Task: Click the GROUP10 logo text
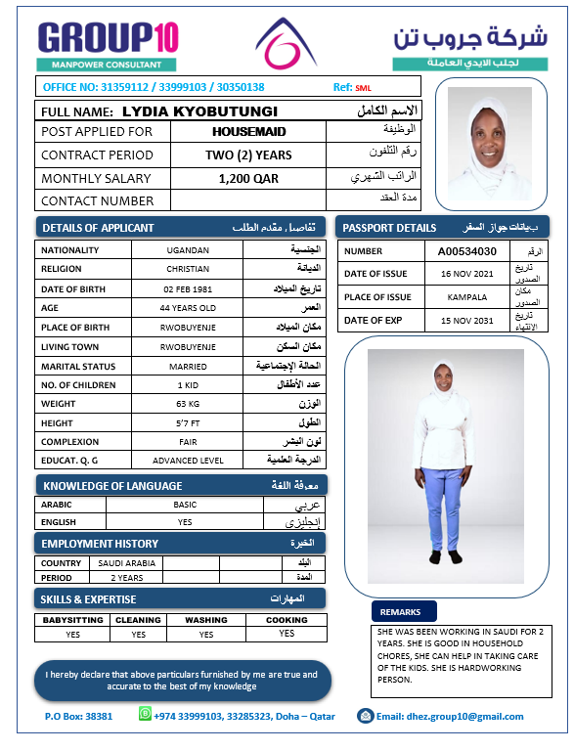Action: point(109,37)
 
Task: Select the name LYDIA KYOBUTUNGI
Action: point(199,111)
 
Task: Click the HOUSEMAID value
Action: point(248,131)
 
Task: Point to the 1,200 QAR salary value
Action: point(248,178)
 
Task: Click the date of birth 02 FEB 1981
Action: point(188,289)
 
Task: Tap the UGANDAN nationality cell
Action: point(188,250)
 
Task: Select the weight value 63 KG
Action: point(188,403)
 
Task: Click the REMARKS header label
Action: point(400,612)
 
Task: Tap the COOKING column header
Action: point(286,620)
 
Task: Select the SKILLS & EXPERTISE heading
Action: point(88,598)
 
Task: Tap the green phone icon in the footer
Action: point(145,716)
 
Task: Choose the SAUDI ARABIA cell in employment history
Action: point(126,563)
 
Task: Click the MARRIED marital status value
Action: point(188,366)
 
